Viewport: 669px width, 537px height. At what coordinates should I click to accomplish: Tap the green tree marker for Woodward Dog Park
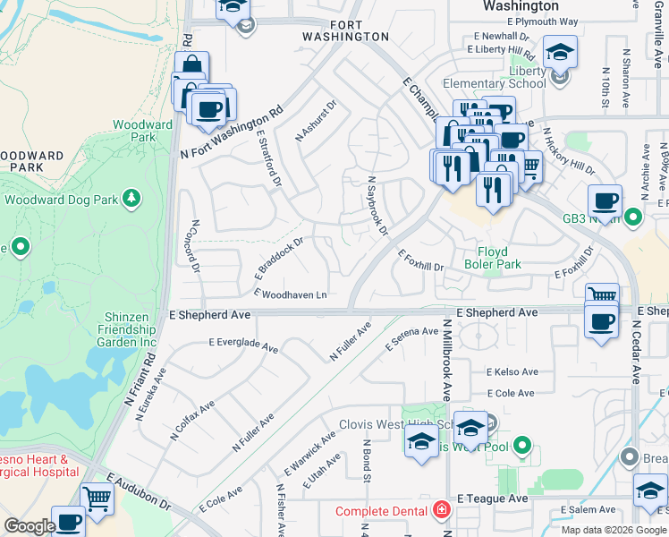click(x=131, y=197)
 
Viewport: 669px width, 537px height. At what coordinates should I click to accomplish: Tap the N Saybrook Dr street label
click(x=377, y=206)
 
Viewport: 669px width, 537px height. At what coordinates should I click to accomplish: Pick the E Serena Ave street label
click(x=411, y=337)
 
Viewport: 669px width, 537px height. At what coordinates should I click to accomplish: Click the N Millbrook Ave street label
click(x=446, y=362)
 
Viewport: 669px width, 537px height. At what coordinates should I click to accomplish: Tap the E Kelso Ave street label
click(x=512, y=372)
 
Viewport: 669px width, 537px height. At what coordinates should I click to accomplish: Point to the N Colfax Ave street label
click(x=192, y=421)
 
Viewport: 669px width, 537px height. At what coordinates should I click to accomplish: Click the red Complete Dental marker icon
click(x=440, y=511)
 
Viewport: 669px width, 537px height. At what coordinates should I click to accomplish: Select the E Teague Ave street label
click(x=492, y=498)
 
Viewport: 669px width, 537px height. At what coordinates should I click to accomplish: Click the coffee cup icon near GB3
click(x=605, y=200)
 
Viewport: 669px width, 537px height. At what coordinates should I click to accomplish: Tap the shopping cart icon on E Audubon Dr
click(x=97, y=499)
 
